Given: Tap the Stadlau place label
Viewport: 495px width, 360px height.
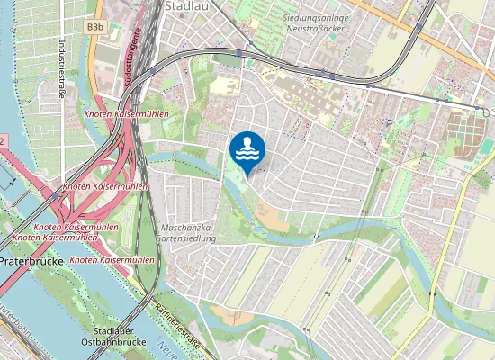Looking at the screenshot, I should coord(185,5).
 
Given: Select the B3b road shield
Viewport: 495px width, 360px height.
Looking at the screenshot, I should coord(94,29).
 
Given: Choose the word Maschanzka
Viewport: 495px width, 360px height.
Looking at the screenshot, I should coord(186,229).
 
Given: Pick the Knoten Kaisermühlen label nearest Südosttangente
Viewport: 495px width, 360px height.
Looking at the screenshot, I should coord(118,115).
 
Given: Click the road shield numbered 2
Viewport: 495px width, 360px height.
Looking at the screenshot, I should coord(3,141).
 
